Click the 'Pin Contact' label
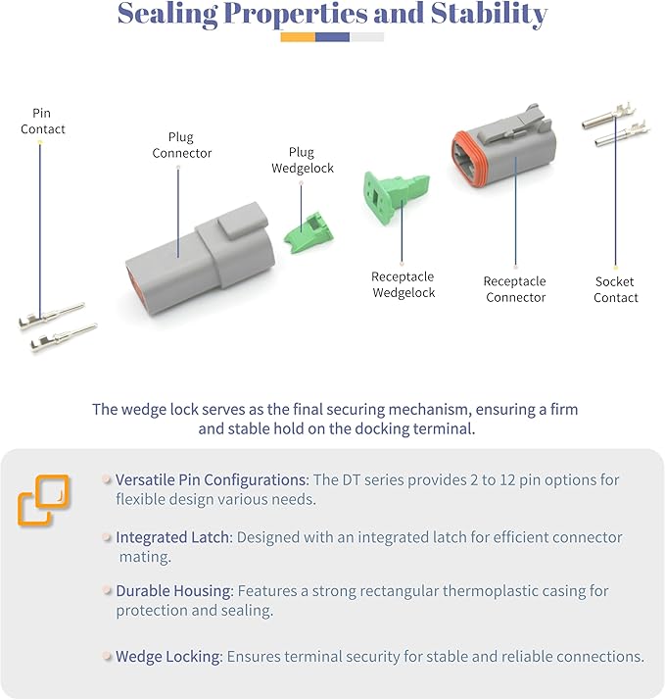43,121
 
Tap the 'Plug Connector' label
181,145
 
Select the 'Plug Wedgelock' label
303,160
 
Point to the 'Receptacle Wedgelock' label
404,284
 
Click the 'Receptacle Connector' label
515,289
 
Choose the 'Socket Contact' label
615,289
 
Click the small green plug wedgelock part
309,232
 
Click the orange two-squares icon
44,500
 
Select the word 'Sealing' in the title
167,15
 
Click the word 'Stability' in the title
489,15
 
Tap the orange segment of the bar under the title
298,37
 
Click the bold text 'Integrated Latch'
172,537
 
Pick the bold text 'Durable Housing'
173,590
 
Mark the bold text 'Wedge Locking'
168,656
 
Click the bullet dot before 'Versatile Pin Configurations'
107,479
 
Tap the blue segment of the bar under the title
332,37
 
